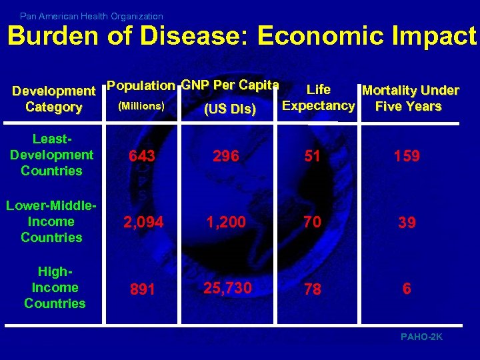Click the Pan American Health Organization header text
pyautogui.click(x=91, y=15)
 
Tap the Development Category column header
pyautogui.click(x=54, y=99)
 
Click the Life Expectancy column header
pyautogui.click(x=318, y=97)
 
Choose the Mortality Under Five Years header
pyautogui.click(x=409, y=98)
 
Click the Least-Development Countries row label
pyautogui.click(x=51, y=155)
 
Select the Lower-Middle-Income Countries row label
pyautogui.click(x=51, y=221)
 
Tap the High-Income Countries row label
pyautogui.click(x=55, y=287)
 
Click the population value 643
pyautogui.click(x=142, y=156)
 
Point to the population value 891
pyautogui.click(x=141, y=289)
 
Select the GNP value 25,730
pyautogui.click(x=227, y=287)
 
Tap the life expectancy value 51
pyautogui.click(x=312, y=156)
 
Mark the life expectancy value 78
pyautogui.click(x=312, y=289)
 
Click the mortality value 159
pyautogui.click(x=406, y=156)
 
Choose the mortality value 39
pyautogui.click(x=407, y=223)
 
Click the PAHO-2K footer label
pyautogui.click(x=421, y=337)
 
